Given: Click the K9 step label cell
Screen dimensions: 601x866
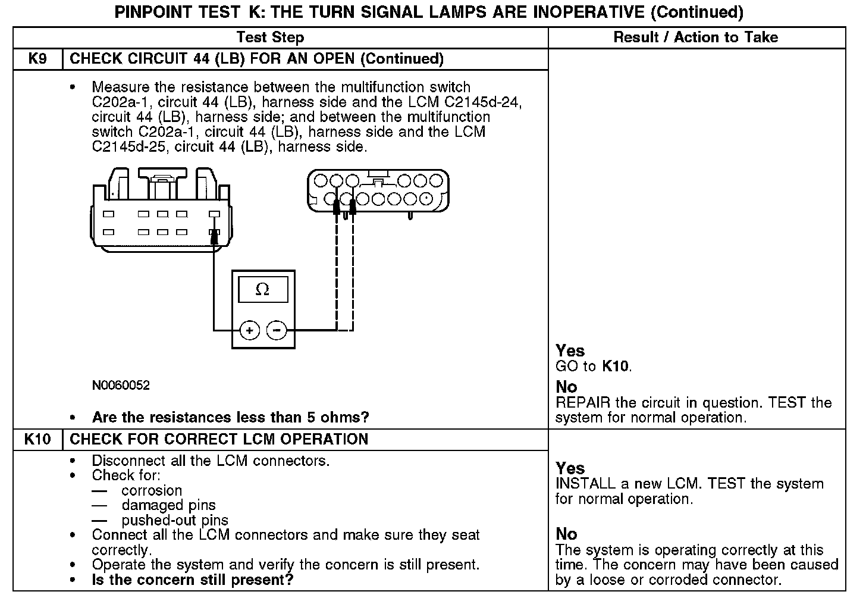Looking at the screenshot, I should click(x=37, y=59).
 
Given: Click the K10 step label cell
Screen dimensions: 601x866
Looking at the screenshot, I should click(x=37, y=440).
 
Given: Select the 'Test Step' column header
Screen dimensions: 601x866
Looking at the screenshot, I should click(x=270, y=37).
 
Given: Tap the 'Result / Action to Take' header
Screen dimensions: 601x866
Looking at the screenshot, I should click(x=695, y=37).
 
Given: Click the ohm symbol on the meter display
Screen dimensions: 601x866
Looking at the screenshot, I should click(x=262, y=290).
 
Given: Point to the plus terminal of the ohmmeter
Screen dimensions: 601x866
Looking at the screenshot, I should click(x=250, y=330).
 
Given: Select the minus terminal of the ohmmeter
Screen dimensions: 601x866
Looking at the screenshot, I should click(x=277, y=330).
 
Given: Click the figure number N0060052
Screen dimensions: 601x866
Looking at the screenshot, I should click(x=121, y=386).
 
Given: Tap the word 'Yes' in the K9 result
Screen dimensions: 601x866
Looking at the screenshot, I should click(x=570, y=351).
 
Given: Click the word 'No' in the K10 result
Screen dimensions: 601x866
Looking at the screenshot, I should click(x=566, y=534).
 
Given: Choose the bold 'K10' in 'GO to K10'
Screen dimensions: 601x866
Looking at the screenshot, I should click(x=616, y=367).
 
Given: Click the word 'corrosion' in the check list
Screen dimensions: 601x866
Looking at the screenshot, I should click(x=152, y=491).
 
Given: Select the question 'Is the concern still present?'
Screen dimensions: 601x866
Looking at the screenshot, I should click(x=193, y=580).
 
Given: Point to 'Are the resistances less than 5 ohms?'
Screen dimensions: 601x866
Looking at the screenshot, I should click(x=230, y=418).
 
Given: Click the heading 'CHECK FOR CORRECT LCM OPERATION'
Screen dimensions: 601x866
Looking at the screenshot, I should click(x=219, y=440).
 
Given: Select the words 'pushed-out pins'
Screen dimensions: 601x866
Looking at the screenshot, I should click(x=175, y=521).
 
